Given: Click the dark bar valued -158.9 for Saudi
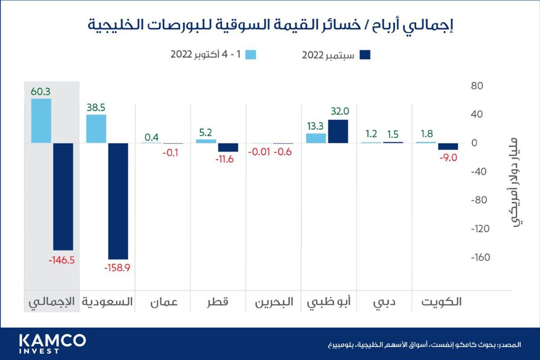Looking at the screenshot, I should (118, 201).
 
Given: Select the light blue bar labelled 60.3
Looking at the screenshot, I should (40, 121).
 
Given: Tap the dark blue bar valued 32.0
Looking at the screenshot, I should (338, 131).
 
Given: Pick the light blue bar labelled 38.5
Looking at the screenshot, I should (96, 129).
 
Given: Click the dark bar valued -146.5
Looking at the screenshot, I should (63, 196).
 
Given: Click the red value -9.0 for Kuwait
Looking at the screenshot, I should (448, 158).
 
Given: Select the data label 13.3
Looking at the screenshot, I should (316, 126).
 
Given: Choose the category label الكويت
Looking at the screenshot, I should (441, 302).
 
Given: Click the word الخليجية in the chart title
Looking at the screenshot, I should (117, 24).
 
